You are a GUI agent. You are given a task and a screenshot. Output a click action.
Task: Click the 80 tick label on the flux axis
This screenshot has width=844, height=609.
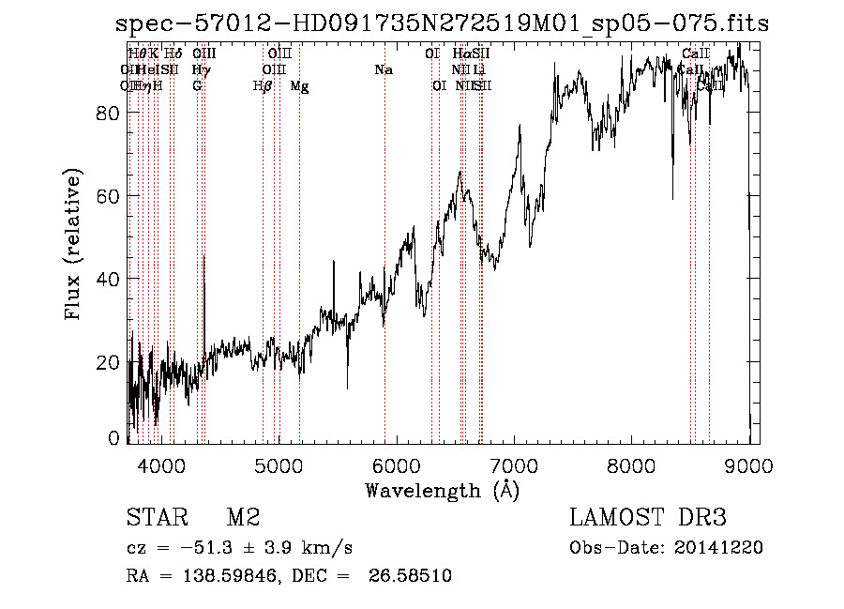[110, 114]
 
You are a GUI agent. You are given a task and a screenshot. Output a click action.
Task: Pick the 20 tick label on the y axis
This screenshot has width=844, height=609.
[110, 362]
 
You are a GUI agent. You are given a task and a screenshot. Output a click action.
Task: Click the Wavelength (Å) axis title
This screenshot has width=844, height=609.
[442, 490]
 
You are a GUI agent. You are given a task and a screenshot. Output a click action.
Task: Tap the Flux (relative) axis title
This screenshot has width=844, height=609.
[73, 244]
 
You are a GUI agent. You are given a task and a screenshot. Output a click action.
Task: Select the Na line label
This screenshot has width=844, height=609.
[383, 70]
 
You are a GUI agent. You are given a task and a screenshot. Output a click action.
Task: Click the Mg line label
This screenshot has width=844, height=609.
[299, 86]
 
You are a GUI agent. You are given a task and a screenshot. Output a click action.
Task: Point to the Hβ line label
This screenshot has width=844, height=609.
[263, 86]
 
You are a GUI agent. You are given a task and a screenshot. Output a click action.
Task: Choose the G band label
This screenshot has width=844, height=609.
[197, 86]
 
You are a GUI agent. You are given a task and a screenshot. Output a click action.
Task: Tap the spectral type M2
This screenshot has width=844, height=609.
[243, 518]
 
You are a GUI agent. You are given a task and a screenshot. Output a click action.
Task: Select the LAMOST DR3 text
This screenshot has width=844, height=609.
[648, 518]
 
